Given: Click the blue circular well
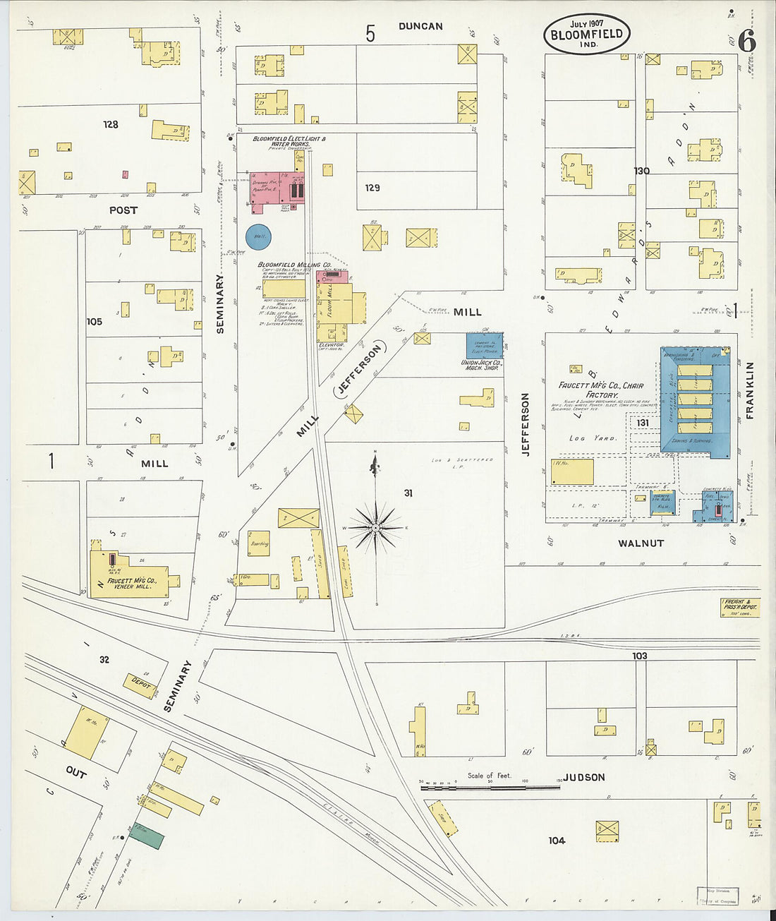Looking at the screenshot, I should pos(258,237).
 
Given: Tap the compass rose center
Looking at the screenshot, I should pos(376,527).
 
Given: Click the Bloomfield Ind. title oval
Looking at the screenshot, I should pos(586,34).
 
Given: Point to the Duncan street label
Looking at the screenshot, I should pos(420,26).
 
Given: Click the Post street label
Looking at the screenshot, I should pos(123,210).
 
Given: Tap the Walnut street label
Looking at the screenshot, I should pos(641,543).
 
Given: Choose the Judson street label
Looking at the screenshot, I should pos(583,777).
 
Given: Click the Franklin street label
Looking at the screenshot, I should pos(749,390).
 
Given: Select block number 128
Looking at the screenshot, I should pos(110,124).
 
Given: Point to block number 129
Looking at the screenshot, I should pos(372,188).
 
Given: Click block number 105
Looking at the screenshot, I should pos(94,321).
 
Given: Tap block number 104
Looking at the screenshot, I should pos(557,841).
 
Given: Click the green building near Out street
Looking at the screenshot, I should pos(146,836).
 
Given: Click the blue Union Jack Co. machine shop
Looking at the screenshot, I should pos(484,346).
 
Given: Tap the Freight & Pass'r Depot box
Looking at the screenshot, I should pos(740,608).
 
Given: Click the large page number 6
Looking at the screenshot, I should pos(747,42).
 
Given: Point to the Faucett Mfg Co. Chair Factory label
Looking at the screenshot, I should pos(600,390).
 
